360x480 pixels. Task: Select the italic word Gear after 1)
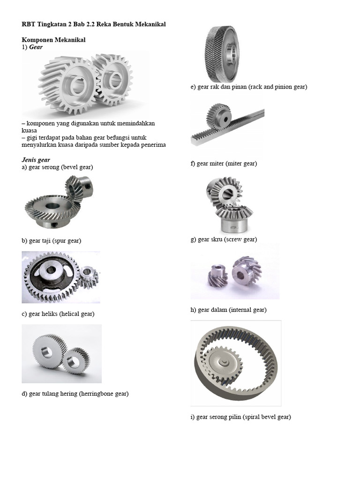[36, 47]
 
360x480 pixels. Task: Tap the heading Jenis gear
[36, 160]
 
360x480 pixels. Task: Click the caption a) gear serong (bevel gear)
[57, 167]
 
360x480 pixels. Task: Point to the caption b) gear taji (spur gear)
[52, 240]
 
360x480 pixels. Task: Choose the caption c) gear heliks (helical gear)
[58, 314]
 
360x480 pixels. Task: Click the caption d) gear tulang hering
[75, 394]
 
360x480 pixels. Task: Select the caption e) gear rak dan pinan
[249, 87]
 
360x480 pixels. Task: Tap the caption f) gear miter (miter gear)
[224, 164]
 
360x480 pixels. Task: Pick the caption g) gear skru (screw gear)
[224, 240]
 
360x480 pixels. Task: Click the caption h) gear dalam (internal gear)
[228, 310]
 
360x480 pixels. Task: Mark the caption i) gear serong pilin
[240, 417]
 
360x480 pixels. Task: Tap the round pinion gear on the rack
[218, 117]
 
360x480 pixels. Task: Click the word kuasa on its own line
[29, 131]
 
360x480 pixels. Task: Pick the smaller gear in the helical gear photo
[76, 360]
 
